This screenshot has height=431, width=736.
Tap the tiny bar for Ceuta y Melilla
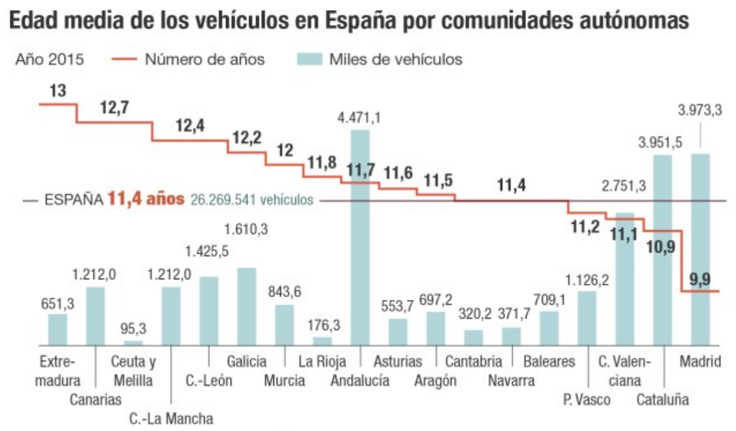134,342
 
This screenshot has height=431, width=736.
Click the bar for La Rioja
322,340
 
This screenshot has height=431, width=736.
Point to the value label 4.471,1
359,118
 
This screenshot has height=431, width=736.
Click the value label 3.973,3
700,110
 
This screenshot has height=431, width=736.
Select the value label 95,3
134,329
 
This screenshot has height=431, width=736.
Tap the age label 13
57,91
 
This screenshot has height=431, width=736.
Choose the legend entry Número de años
205,59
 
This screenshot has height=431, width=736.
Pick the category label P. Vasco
586,399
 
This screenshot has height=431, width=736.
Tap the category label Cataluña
662,399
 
